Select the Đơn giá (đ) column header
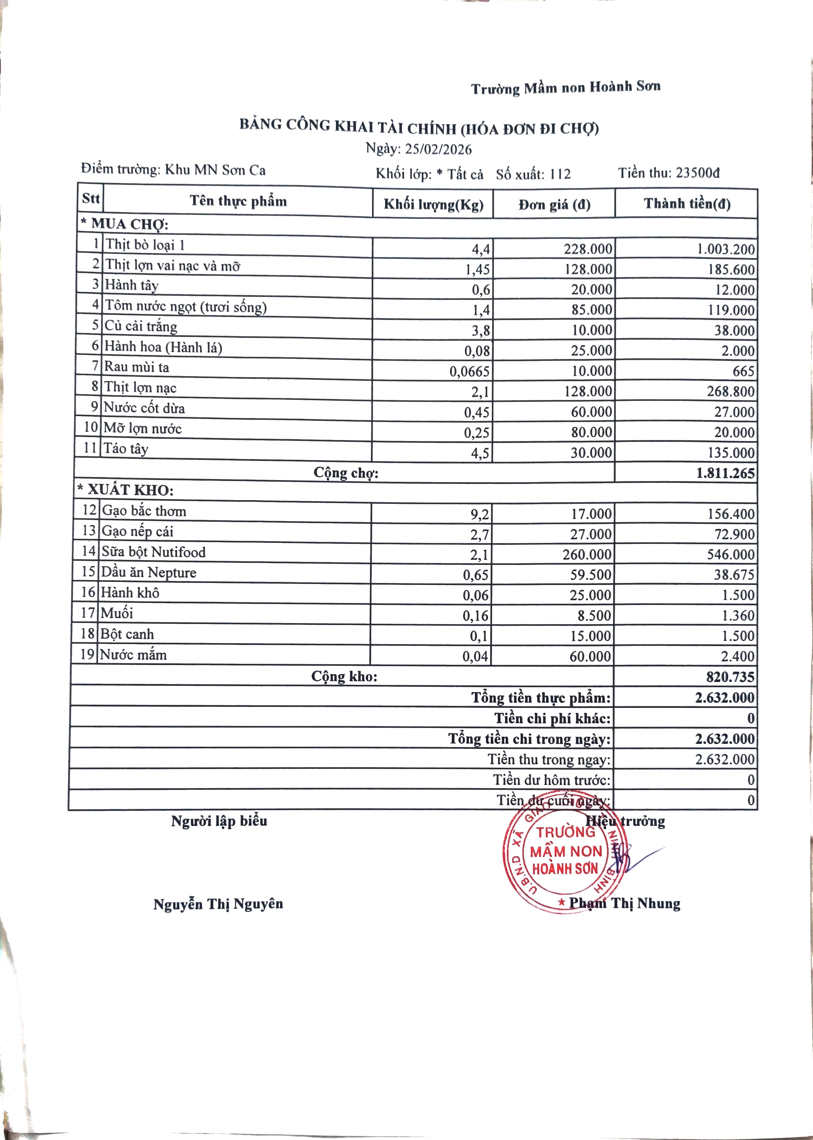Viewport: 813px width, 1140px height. tap(554, 204)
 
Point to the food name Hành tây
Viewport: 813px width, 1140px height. tap(132, 285)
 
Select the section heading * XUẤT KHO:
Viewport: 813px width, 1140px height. tap(125, 490)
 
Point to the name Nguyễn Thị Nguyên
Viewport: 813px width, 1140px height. tap(218, 904)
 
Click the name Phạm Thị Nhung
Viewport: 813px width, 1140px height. tap(624, 903)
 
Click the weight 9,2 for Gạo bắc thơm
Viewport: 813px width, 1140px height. tap(480, 514)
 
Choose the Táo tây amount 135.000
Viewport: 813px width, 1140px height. tap(730, 453)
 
